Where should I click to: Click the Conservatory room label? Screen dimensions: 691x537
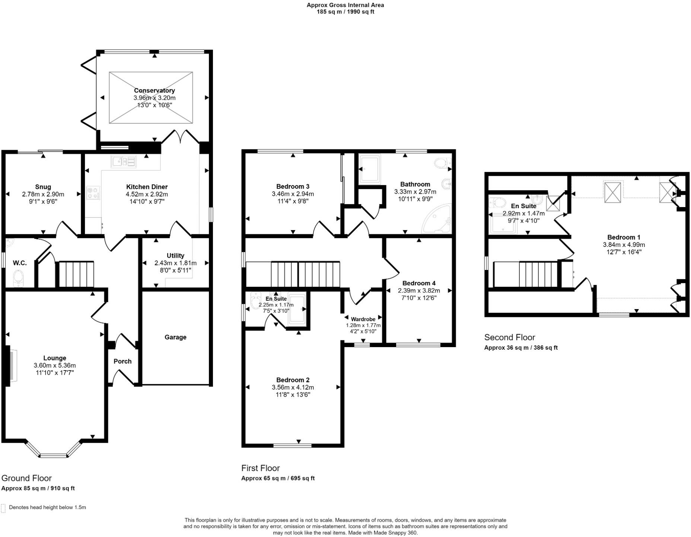tap(154, 90)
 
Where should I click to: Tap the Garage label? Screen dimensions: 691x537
tap(175, 337)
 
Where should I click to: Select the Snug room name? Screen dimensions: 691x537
tap(43, 187)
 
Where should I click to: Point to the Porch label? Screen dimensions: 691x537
tap(122, 361)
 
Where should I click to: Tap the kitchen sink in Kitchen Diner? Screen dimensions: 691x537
tap(124, 162)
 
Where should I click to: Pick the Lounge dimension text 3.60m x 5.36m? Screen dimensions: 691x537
tap(55, 366)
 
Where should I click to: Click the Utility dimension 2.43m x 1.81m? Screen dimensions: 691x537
tap(175, 263)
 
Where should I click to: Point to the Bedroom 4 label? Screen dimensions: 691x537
tap(419, 283)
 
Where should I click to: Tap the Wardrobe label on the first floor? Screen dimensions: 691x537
tap(363, 319)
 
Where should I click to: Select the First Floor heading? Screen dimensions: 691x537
tap(260, 468)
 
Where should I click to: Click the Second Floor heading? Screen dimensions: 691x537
tap(509, 337)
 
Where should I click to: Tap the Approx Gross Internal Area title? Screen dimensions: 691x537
tap(345, 5)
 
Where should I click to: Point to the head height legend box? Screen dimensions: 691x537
tap(3, 508)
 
